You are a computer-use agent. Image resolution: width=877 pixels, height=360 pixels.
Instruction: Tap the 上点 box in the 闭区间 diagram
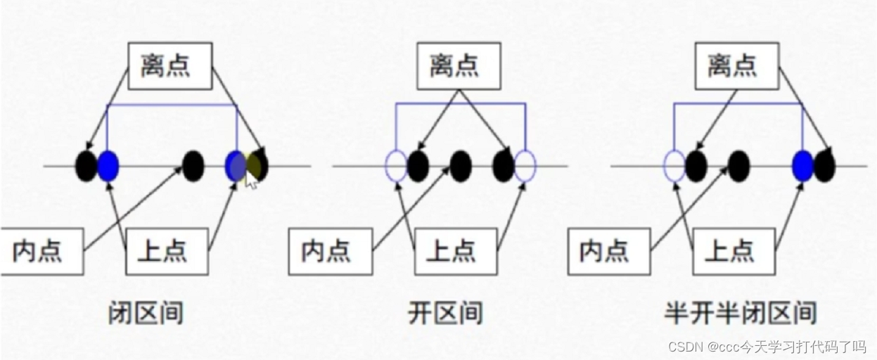pos(167,251)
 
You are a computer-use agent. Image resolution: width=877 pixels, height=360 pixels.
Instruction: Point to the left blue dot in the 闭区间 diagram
pos(108,166)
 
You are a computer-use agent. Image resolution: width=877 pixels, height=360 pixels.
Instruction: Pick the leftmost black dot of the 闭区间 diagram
pos(86,166)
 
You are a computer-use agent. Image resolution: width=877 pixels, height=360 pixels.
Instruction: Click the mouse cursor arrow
pos(250,181)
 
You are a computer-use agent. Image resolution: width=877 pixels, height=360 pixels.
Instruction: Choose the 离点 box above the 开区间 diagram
pos(454,67)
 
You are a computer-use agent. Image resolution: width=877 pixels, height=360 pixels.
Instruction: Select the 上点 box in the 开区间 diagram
pos(456,251)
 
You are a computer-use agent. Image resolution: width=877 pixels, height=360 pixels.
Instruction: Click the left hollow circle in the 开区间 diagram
pos(396,166)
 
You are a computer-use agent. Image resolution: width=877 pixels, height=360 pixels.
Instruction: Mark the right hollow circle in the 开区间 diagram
pos(525,166)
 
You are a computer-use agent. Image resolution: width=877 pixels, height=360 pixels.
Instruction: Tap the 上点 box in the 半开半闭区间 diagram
pos(734,251)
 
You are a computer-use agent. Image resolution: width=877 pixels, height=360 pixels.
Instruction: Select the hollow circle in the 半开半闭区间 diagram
pos(674,166)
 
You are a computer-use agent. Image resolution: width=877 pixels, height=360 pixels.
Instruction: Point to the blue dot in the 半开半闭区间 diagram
pos(802,166)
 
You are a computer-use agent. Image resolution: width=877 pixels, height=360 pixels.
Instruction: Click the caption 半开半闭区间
pos(741,311)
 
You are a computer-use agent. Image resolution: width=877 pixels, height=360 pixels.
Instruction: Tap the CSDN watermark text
pos(767,347)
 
